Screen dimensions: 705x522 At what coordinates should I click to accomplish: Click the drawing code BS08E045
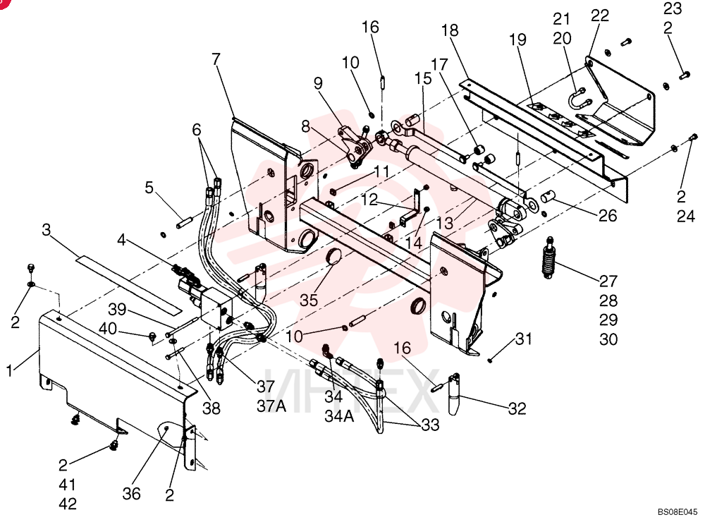tap(678, 511)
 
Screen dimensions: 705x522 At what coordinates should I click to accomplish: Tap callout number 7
tap(216, 59)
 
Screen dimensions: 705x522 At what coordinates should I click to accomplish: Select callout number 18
tap(450, 30)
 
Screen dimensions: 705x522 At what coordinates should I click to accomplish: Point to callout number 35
tap(309, 300)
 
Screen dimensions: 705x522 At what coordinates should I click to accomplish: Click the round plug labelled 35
tap(334, 257)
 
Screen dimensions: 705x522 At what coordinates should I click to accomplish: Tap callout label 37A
tap(271, 406)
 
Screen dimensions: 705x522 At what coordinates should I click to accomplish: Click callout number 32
tap(517, 408)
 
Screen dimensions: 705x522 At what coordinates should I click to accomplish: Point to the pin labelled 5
tap(185, 223)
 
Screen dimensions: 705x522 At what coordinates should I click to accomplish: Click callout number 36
tap(132, 494)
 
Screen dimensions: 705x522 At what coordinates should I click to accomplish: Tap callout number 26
tap(608, 216)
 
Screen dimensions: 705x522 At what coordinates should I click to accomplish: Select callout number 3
tap(47, 230)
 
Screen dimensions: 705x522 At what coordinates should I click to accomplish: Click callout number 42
tap(68, 504)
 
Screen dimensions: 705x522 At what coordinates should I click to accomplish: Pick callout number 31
tap(524, 339)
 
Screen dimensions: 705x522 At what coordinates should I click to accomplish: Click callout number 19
tap(517, 40)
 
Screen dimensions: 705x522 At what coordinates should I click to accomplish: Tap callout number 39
tap(117, 310)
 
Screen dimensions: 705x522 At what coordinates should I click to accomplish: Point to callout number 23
tap(673, 8)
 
